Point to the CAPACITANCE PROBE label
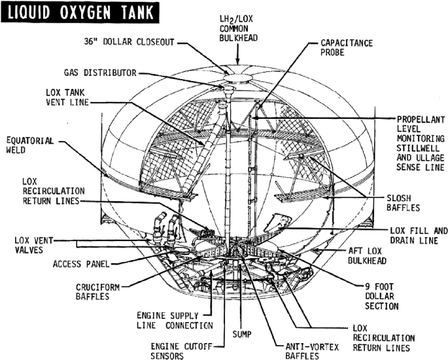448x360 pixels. pos(347,48)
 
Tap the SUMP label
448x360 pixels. pos(243,333)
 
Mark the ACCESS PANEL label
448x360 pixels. pos(80,265)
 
